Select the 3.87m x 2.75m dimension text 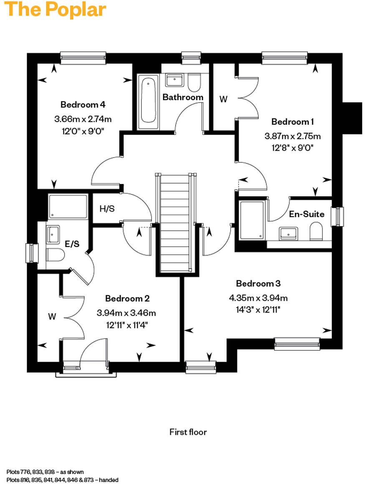(292, 136)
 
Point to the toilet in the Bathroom (194, 83)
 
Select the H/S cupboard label (107, 209)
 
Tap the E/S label (72, 244)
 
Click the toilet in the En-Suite (317, 231)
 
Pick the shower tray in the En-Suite (252, 220)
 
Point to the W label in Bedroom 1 (224, 99)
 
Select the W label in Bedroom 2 (52, 317)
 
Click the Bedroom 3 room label (258, 284)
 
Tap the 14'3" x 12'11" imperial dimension (258, 310)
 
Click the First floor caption (188, 432)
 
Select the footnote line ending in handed (63, 480)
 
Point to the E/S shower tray (68, 206)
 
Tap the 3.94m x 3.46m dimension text (126, 313)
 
